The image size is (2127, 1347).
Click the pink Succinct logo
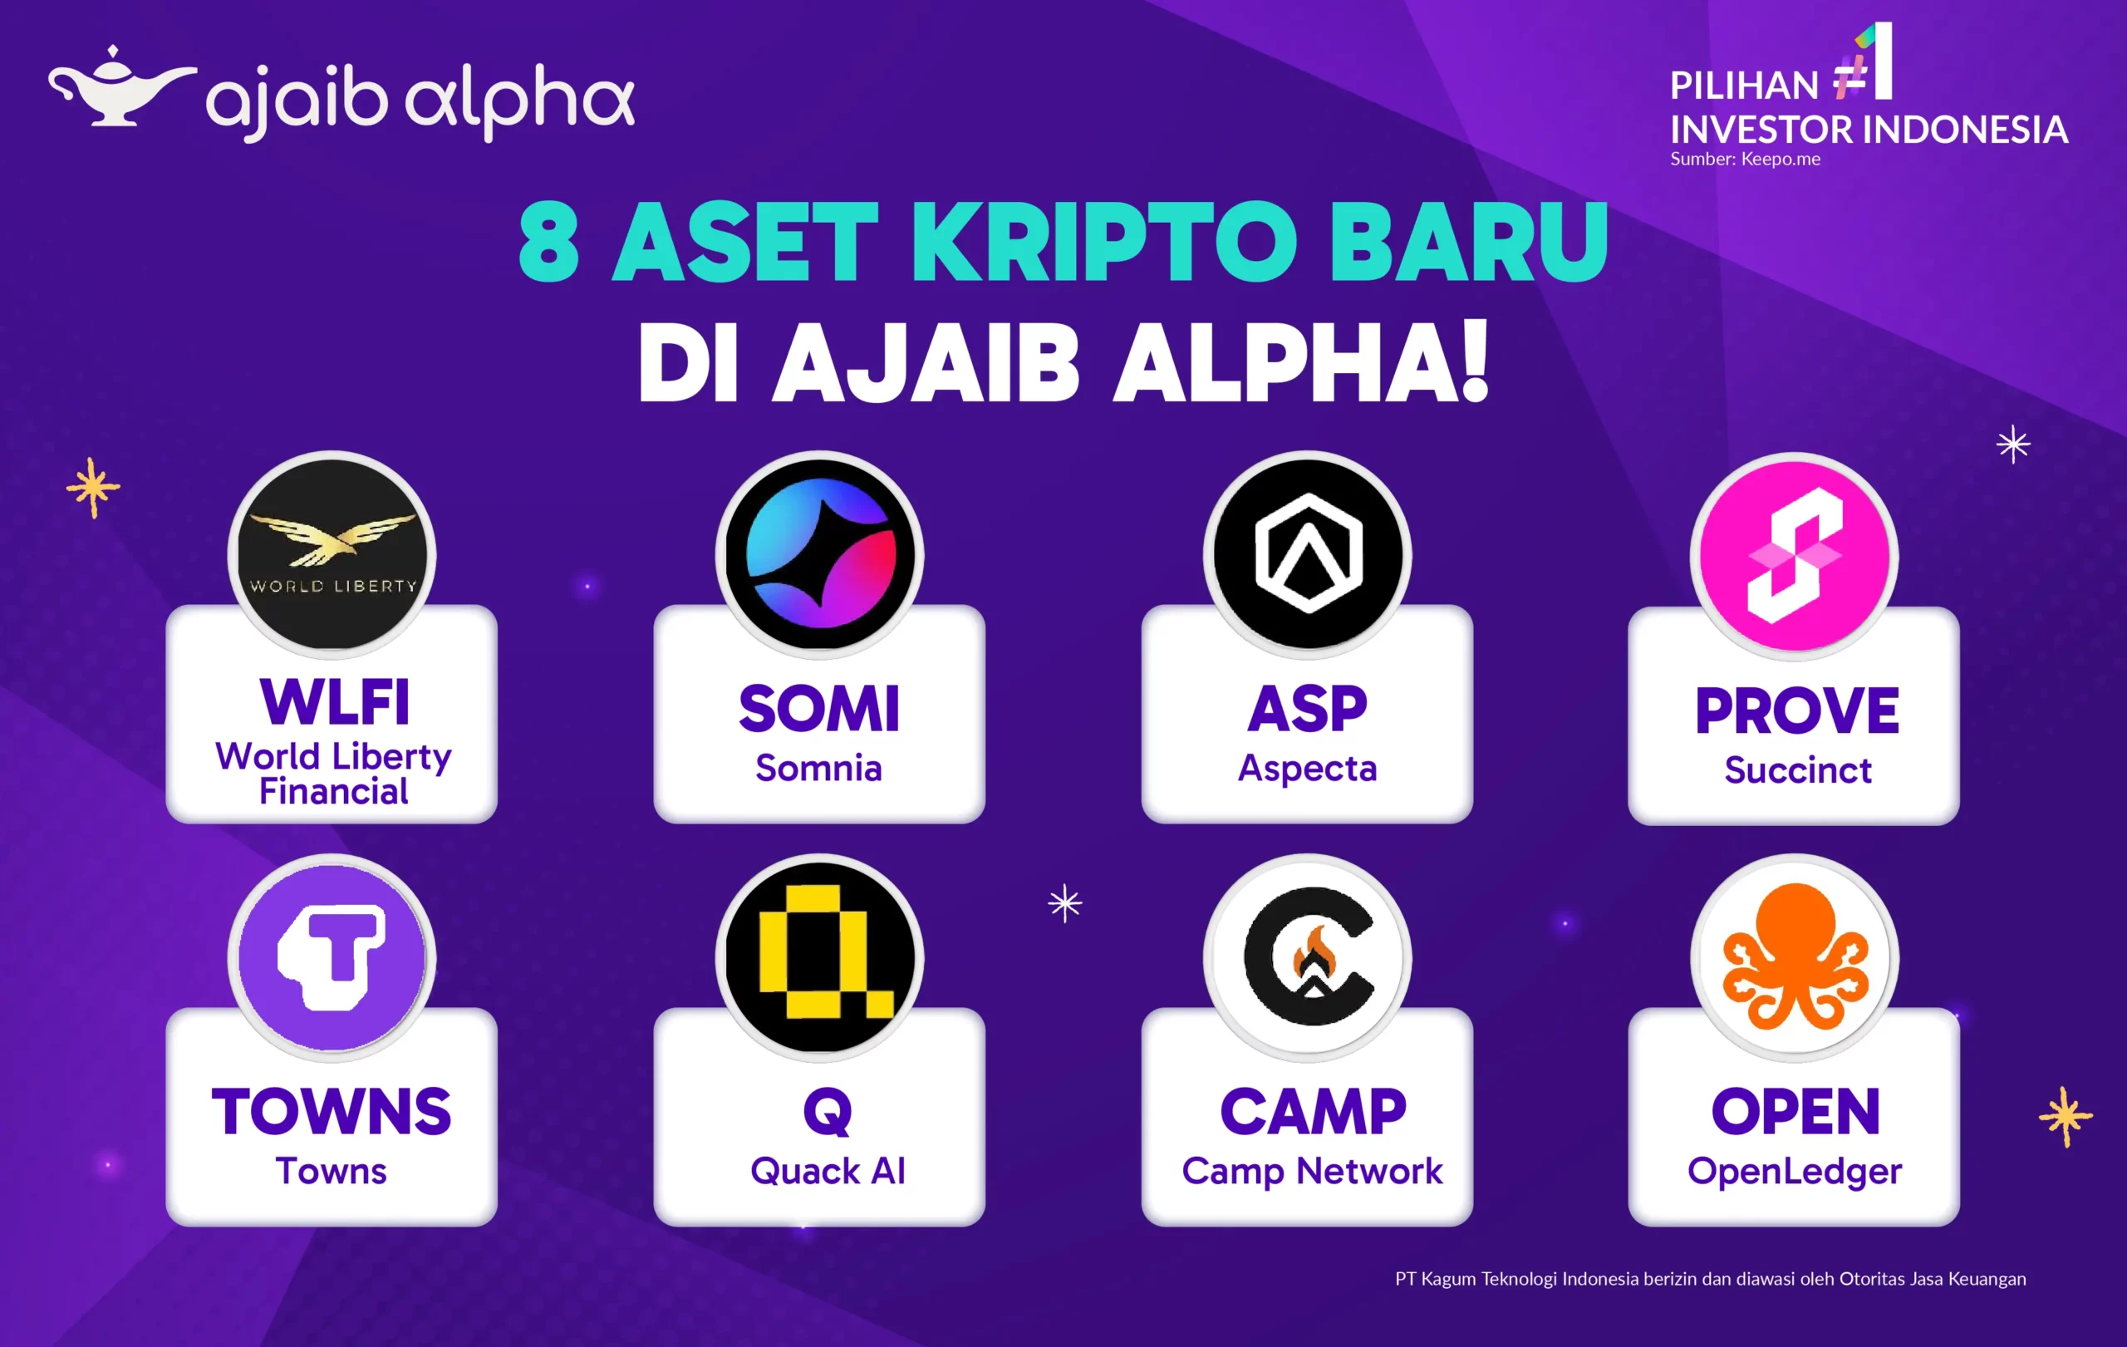pyautogui.click(x=1795, y=557)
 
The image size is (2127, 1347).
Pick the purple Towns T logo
pyautogui.click(x=332, y=957)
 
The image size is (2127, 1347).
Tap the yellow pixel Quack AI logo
pyautogui.click(x=820, y=957)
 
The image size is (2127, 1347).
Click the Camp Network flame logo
pyautogui.click(x=1307, y=957)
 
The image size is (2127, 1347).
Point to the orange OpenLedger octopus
pyautogui.click(x=1795, y=957)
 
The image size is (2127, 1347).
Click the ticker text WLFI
pyautogui.click(x=335, y=703)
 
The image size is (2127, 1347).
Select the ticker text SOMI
pyautogui.click(x=819, y=710)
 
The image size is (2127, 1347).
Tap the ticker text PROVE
pyautogui.click(x=1796, y=711)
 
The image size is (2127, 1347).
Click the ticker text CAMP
pyautogui.click(x=1313, y=1111)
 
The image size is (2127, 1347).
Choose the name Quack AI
pyautogui.click(x=828, y=1171)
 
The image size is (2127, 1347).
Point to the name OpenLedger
pyautogui.click(x=1794, y=1171)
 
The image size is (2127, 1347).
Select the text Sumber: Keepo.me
pyautogui.click(x=1745, y=159)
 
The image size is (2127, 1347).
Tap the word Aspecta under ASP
pyautogui.click(x=1307, y=769)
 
